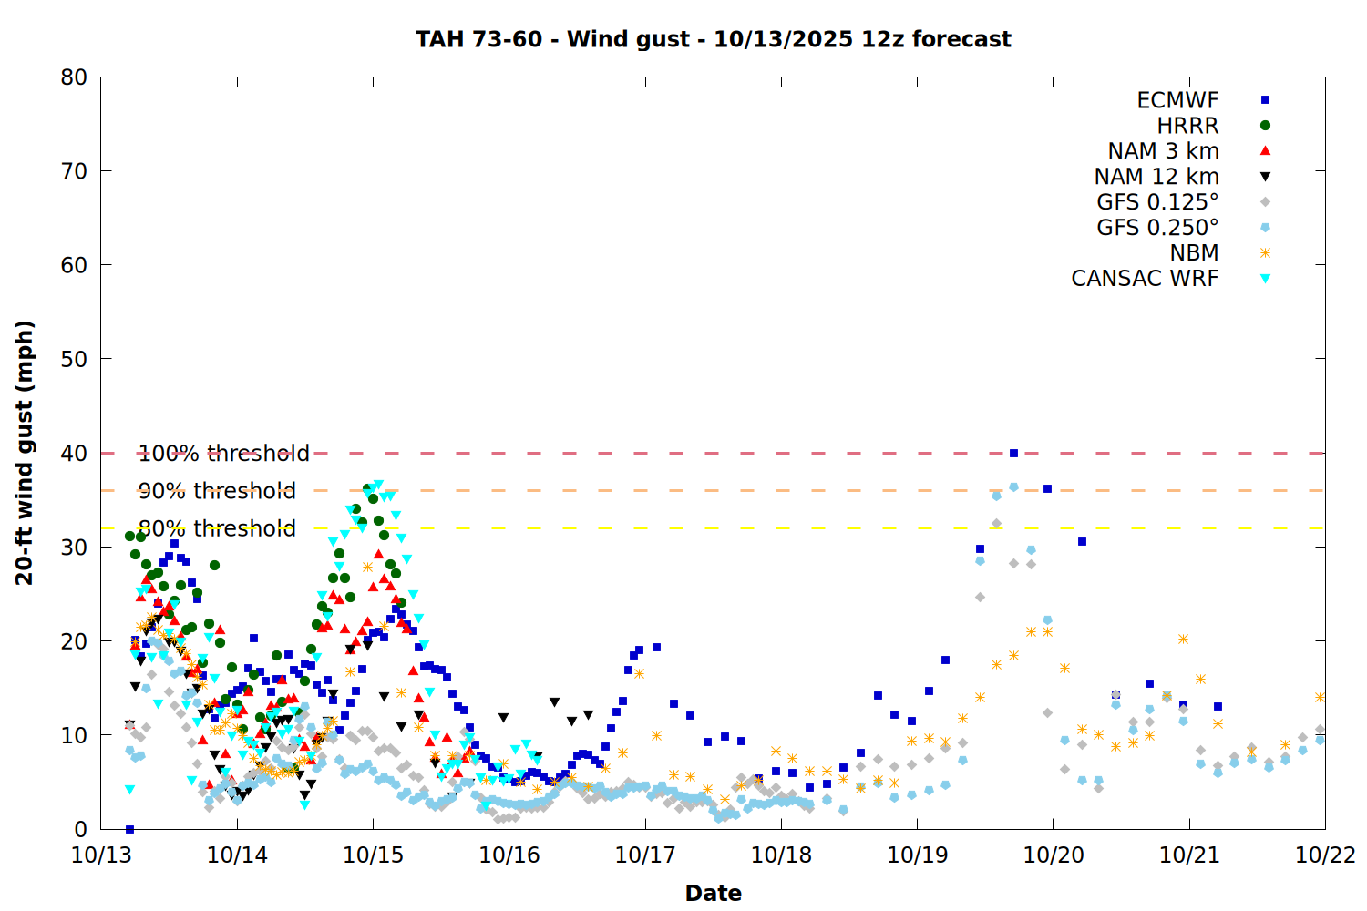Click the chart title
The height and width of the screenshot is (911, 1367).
[x=713, y=39]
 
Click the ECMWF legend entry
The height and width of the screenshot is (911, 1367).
[x=1177, y=100]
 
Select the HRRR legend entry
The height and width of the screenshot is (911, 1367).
[x=1187, y=126]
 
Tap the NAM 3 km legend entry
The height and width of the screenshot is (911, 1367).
[x=1163, y=151]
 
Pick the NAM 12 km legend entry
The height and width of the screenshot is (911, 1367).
[x=1156, y=177]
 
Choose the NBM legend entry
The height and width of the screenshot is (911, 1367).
[x=1194, y=253]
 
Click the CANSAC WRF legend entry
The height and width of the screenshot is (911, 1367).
[x=1145, y=279]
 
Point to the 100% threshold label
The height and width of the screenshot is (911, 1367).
[x=223, y=454]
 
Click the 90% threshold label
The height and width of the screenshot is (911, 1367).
[x=217, y=491]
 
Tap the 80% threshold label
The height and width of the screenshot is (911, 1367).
[x=217, y=528]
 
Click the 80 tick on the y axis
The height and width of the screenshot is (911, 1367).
[x=75, y=77]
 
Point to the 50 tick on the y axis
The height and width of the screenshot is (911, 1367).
[x=75, y=359]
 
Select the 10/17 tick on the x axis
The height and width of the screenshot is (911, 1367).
[x=644, y=855]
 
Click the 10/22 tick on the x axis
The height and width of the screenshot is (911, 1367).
[x=1325, y=855]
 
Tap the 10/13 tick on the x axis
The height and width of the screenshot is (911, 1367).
[x=101, y=855]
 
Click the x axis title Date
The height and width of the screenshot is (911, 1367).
[x=713, y=893]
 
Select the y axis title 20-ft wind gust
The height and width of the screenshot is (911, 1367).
[x=25, y=453]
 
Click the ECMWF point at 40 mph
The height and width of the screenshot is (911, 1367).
[x=1013, y=453]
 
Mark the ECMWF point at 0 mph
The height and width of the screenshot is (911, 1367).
[x=129, y=829]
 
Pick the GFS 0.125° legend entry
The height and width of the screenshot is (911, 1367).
[x=1157, y=202]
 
